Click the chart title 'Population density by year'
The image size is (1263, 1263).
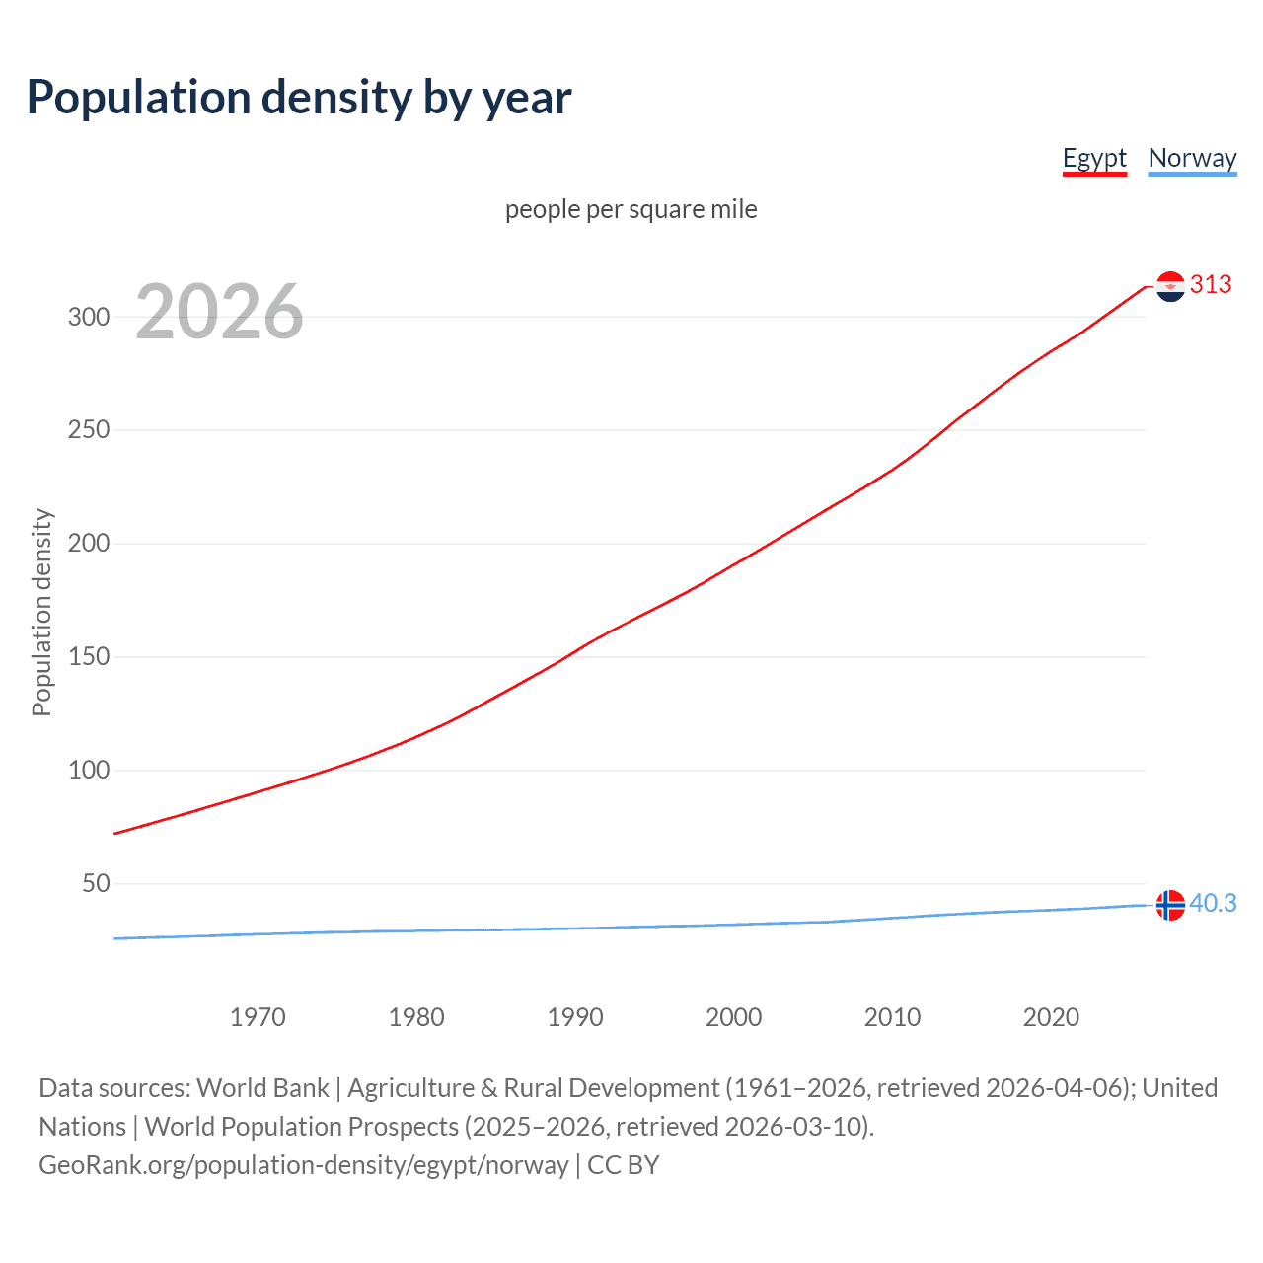[x=299, y=98]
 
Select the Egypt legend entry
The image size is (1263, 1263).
[x=1094, y=158]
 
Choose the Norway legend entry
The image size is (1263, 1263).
[x=1192, y=158]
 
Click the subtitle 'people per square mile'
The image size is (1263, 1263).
[x=631, y=209]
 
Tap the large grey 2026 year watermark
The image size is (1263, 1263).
[x=219, y=312]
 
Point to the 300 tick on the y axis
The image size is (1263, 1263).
[x=89, y=317]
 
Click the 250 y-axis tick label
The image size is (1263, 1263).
[x=89, y=430]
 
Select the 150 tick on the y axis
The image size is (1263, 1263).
[x=89, y=657]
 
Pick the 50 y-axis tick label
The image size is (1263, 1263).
[x=96, y=883]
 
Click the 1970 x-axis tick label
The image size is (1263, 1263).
[x=258, y=1017]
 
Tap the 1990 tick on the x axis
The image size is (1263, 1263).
[x=575, y=1017]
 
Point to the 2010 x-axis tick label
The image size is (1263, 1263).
[x=892, y=1017]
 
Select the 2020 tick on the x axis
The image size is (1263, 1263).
[x=1051, y=1017]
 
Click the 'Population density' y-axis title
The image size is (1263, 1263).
[x=41, y=612]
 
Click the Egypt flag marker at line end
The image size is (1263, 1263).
[x=1170, y=286]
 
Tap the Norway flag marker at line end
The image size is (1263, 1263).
[x=1170, y=905]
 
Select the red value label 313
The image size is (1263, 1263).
[x=1211, y=285]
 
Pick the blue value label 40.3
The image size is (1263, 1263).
[x=1213, y=904]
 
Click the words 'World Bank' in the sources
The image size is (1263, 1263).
[x=262, y=1088]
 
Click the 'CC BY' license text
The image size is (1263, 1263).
[x=623, y=1165]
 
